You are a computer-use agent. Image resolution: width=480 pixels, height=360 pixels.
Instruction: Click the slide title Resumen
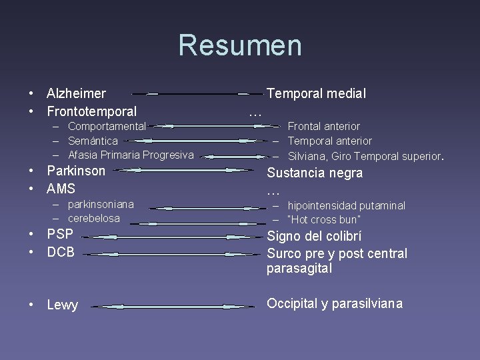pyautogui.click(x=240, y=45)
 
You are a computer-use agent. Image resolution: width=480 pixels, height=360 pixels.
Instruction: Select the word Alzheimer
pyautogui.click(x=76, y=94)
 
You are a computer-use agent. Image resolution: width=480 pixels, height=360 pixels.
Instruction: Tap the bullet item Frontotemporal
pyautogui.click(x=91, y=111)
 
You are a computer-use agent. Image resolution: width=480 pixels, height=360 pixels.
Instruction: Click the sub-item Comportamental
pyautogui.click(x=107, y=126)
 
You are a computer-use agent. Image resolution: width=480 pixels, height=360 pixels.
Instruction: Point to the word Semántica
pyautogui.click(x=93, y=141)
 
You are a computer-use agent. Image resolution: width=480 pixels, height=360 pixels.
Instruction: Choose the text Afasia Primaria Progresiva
pyautogui.click(x=131, y=155)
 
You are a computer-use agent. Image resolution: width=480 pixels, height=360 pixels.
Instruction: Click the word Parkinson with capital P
pyautogui.click(x=76, y=171)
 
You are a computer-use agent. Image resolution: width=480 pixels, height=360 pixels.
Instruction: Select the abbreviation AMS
pyautogui.click(x=61, y=189)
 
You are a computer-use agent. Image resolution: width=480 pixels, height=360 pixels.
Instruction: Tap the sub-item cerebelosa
pyautogui.click(x=94, y=218)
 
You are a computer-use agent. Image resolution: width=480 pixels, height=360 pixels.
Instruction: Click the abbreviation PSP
pyautogui.click(x=60, y=234)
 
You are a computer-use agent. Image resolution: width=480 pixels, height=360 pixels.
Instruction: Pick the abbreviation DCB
pyautogui.click(x=61, y=252)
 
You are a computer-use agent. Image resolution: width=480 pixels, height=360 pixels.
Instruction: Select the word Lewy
pyautogui.click(x=62, y=305)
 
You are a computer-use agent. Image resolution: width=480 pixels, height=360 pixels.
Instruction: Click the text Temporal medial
pyautogui.click(x=316, y=94)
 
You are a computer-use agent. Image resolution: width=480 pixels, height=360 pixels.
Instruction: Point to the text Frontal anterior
pyautogui.click(x=323, y=126)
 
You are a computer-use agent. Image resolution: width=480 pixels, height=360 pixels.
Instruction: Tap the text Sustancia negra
pyautogui.click(x=315, y=173)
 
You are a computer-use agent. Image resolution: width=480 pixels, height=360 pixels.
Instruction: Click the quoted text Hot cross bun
pyautogui.click(x=324, y=219)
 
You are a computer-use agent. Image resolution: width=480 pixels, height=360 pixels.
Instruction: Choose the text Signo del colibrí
pyautogui.click(x=314, y=236)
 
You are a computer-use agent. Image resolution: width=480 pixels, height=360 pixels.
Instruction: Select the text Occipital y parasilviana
pyautogui.click(x=335, y=303)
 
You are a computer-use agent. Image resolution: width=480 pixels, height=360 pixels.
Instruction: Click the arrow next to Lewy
pyautogui.click(x=173, y=307)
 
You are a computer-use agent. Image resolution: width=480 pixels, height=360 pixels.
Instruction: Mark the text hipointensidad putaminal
pyautogui.click(x=346, y=205)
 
